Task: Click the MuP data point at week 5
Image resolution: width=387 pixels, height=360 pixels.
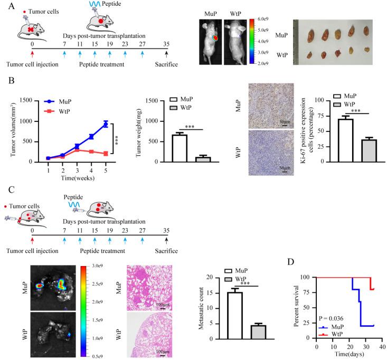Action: coord(106,124)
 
